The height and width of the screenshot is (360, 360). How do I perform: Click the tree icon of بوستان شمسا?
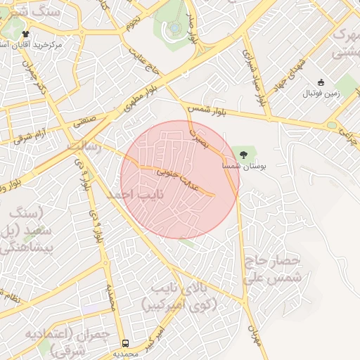(x=244, y=153)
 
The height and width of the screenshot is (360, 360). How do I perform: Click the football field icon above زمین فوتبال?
(x=321, y=82)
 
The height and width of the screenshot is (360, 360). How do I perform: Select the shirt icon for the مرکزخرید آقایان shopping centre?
(x=26, y=34)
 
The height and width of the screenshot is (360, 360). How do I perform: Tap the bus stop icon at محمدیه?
(x=125, y=343)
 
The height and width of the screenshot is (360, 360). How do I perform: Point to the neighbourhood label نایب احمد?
(x=134, y=193)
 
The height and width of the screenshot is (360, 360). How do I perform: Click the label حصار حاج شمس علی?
(x=274, y=269)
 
